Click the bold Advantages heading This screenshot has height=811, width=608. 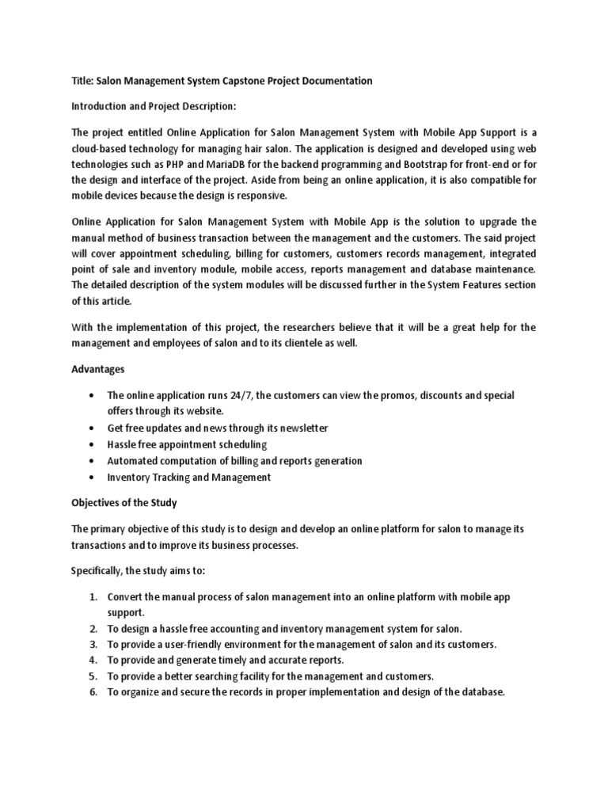point(98,369)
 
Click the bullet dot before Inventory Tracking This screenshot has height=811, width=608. point(94,478)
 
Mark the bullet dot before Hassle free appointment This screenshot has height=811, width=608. point(94,444)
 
